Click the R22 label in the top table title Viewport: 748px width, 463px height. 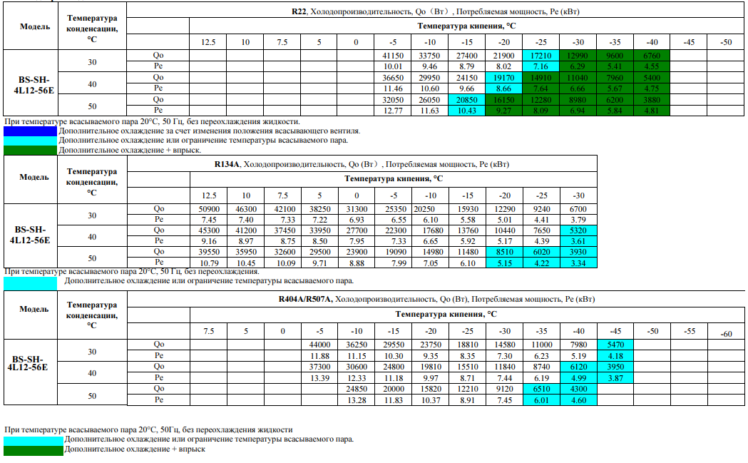299,11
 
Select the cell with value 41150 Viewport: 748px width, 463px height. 393,56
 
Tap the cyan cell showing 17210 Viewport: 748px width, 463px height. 541,56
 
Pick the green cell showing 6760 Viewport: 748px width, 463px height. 652,56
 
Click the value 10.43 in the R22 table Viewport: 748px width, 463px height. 466,111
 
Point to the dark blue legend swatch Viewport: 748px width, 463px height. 30,131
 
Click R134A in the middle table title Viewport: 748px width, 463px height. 227,164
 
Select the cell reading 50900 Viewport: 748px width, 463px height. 209,209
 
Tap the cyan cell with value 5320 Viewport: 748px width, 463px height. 578,230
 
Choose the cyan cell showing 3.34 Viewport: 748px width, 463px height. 578,263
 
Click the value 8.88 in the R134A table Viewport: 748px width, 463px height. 357,263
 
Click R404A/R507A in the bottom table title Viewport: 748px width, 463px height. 305,300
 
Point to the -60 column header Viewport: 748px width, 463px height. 726,334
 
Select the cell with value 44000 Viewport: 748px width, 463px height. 319,345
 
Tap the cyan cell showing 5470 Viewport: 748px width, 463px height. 615,345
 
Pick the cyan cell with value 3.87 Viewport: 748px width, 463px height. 615,377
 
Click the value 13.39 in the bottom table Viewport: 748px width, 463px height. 319,377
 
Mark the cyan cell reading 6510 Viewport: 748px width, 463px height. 541,389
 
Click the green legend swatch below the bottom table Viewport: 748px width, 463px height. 34,450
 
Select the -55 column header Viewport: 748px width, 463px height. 690,331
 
